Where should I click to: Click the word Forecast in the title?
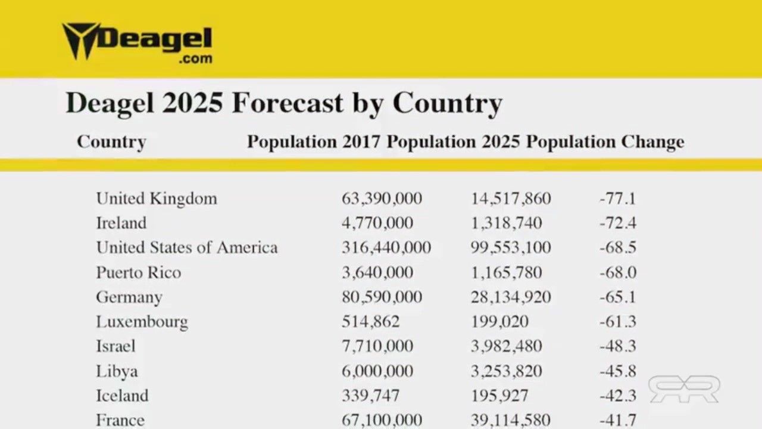click(288, 103)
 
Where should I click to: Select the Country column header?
click(111, 142)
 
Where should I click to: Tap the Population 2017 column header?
click(313, 142)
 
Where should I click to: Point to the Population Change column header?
click(605, 142)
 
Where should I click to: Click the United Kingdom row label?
click(157, 198)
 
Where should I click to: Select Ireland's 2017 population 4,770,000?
click(377, 223)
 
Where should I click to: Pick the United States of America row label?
click(187, 248)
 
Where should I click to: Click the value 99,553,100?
click(511, 248)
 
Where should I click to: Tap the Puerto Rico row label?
click(139, 273)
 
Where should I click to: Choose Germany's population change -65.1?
click(617, 297)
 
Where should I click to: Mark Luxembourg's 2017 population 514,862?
click(370, 322)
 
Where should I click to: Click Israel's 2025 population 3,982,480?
click(506, 347)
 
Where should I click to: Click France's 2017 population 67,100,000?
click(382, 420)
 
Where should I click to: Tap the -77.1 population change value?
click(617, 198)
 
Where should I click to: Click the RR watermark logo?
click(684, 388)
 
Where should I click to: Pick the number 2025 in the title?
click(192, 103)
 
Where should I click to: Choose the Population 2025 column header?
click(452, 142)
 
